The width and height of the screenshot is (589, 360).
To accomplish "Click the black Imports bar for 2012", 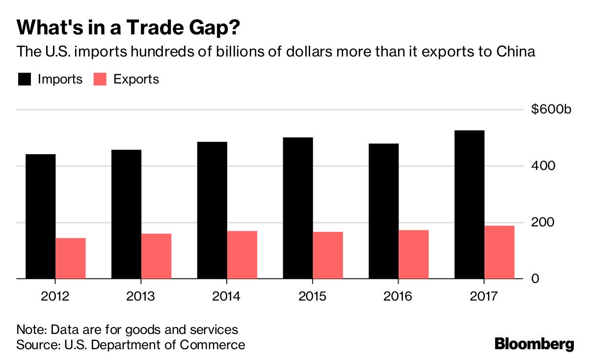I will coord(41,216).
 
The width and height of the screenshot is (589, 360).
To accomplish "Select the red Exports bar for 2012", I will coord(71,258).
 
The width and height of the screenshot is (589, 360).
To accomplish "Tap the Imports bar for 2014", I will coord(212,210).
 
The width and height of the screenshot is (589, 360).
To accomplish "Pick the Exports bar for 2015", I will coord(328,255).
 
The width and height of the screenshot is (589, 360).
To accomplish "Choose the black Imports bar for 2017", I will coord(470,204).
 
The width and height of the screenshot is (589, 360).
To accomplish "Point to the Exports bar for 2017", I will coord(499,252).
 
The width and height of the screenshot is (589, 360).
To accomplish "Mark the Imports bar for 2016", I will coord(384,211).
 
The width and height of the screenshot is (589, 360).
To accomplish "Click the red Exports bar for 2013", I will coord(157,256).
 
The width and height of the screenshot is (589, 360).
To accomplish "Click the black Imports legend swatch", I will coord(24,79).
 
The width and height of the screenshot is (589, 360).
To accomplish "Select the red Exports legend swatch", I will coord(100,79).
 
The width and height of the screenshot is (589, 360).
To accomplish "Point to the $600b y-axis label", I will coord(551,110).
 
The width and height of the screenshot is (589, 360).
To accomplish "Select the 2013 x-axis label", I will coord(141,297).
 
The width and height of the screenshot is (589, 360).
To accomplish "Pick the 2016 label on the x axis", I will coord(398,297).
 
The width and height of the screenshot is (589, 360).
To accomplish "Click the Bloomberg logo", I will coord(534,344).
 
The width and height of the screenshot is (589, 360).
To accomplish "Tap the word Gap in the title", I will coord(208,28).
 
